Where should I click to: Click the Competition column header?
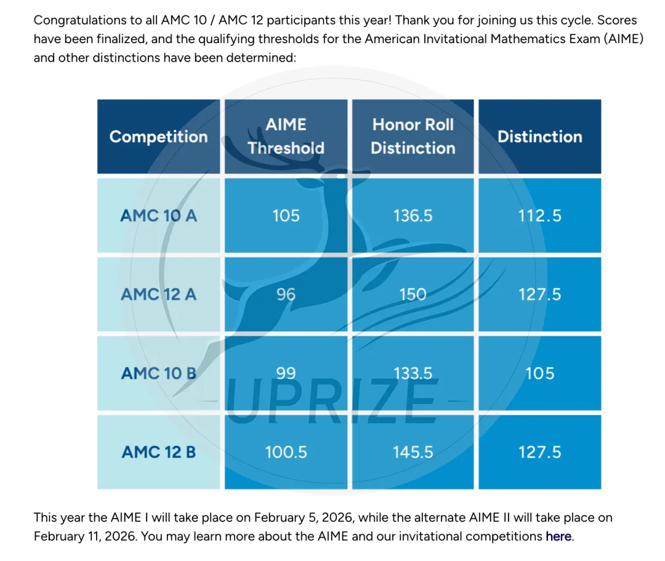point(158,137)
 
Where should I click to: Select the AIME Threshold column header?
point(286,136)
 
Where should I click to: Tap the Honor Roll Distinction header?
point(413,136)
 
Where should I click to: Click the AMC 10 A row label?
point(158,216)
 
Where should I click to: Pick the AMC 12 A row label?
point(158,294)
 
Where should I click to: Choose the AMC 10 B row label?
point(158,373)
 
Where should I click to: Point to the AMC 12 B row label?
point(158,452)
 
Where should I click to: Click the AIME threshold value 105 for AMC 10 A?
point(286,216)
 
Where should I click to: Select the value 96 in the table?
point(286,294)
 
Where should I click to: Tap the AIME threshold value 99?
point(286,373)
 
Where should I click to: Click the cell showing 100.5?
point(286,452)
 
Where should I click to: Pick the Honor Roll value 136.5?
point(413,216)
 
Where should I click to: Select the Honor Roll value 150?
point(413,294)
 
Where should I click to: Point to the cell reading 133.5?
point(413,373)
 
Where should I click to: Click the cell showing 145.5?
point(413,452)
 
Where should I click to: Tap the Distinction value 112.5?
point(539,216)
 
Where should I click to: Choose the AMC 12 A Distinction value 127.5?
point(539,294)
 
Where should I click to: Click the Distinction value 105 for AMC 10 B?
point(539,373)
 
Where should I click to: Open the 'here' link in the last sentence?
point(558,536)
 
